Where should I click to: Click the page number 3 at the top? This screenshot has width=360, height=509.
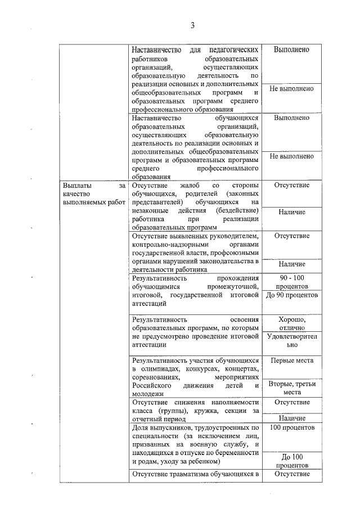pos(192,25)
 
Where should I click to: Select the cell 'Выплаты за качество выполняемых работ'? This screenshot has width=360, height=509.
pos(94,193)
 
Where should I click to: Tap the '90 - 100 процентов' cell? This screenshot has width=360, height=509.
pos(291,282)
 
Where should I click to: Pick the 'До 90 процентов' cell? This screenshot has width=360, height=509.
pos(291,295)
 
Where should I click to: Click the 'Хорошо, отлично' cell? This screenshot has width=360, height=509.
pos(291,323)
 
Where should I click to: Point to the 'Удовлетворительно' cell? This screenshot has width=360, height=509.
pos(291,341)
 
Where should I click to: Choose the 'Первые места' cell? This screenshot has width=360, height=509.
pos(291,361)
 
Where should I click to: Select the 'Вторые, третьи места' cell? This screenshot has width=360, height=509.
pos(291,388)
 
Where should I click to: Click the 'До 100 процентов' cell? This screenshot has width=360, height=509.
pos(291,461)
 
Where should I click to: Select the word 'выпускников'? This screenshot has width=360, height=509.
pos(169,428)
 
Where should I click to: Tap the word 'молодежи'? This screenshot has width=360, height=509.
pos(145,394)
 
